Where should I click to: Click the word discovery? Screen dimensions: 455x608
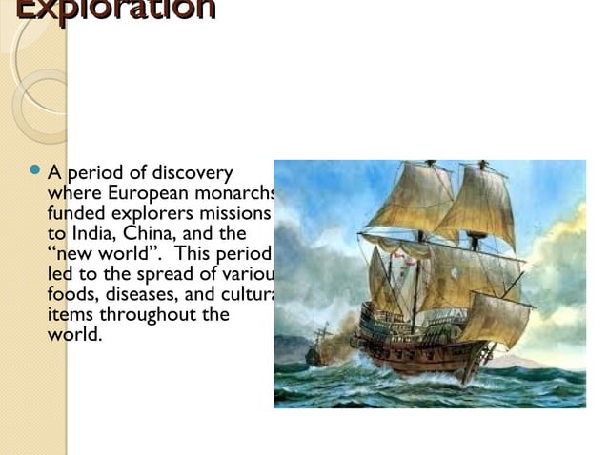[x=192, y=173]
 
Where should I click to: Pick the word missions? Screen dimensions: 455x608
[x=241, y=213]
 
